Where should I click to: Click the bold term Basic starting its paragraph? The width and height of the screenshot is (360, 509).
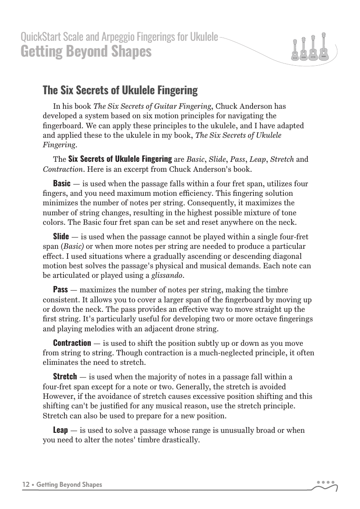[62, 184]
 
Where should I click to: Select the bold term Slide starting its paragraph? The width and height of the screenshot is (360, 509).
[61, 237]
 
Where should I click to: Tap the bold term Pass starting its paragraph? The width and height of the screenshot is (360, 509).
[61, 289]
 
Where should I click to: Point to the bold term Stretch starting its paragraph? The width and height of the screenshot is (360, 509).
[65, 376]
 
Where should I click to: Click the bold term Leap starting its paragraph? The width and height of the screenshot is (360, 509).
[60, 429]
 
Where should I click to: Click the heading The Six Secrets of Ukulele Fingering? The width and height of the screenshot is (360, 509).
[120, 90]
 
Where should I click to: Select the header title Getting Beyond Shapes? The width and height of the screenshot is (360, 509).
[86, 52]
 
